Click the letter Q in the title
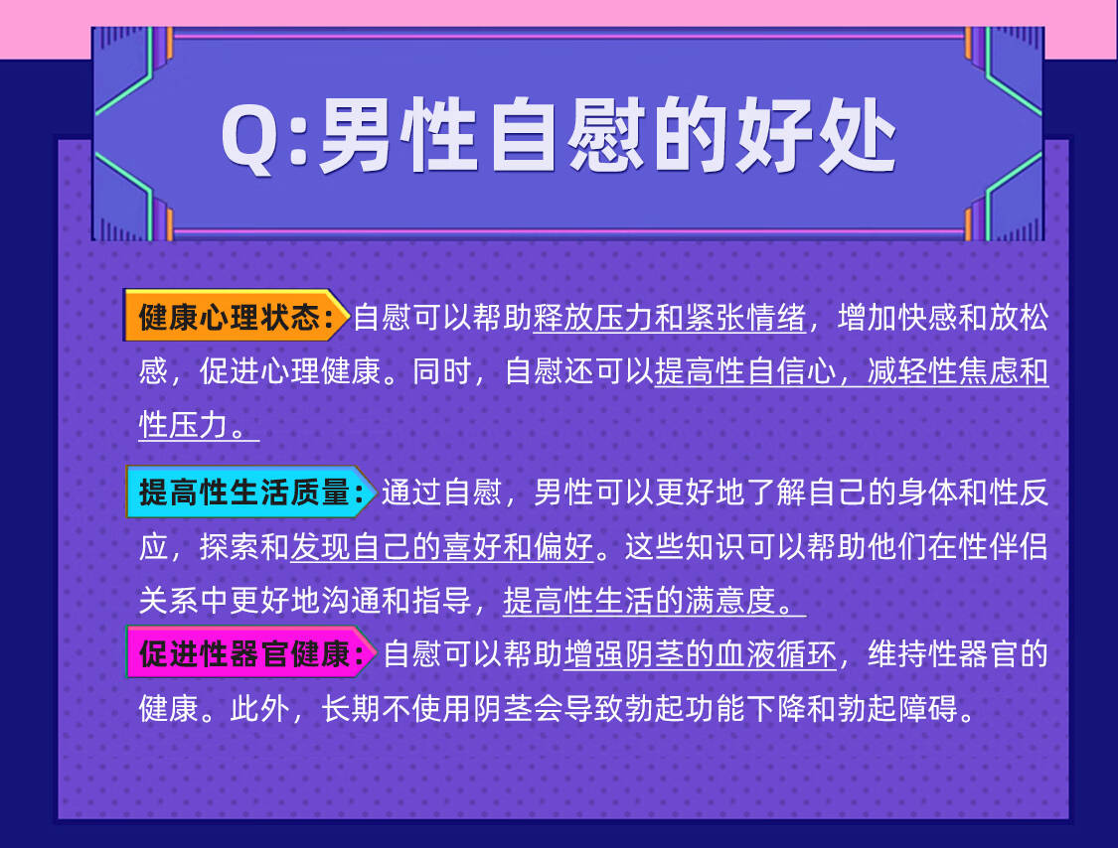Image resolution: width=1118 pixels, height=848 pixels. tap(248, 139)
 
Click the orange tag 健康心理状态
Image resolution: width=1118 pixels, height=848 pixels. tap(237, 316)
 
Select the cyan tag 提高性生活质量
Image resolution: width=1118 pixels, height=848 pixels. tap(250, 492)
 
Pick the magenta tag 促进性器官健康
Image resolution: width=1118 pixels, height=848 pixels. tap(250, 652)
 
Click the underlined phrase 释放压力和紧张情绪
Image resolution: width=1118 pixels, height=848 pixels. tap(670, 318)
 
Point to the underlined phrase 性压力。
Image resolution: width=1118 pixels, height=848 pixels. tap(199, 425)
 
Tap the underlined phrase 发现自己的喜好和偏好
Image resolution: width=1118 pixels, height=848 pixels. tap(441, 547)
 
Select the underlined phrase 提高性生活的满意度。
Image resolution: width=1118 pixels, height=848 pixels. tap(655, 601)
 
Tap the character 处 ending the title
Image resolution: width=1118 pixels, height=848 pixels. tap(857, 135)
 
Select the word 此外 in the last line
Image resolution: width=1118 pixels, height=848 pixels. tap(259, 708)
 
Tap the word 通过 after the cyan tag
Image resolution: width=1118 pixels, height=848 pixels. tap(411, 493)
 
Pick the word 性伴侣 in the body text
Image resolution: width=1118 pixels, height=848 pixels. tap(1003, 547)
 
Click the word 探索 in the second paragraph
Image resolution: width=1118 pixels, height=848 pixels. tap(230, 547)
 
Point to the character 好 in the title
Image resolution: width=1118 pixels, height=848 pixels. tap(774, 135)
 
